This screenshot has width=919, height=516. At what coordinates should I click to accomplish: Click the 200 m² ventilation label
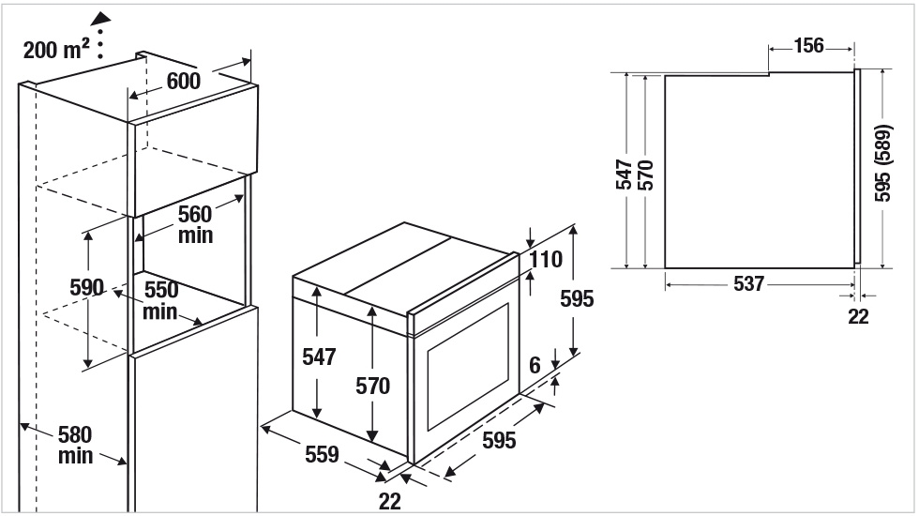(56, 49)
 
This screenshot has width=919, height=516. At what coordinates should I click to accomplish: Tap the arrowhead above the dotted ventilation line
(100, 19)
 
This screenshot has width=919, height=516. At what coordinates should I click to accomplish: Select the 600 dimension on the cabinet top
(184, 81)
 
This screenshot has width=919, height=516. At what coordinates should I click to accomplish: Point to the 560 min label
(195, 224)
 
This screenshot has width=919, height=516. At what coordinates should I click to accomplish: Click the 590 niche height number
(86, 287)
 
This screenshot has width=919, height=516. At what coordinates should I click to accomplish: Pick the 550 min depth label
(160, 300)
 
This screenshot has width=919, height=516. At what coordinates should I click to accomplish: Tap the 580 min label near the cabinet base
(75, 445)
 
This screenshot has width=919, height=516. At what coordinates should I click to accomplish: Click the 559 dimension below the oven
(322, 454)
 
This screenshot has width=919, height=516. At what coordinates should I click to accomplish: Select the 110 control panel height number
(546, 259)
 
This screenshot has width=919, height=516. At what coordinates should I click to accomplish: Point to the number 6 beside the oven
(535, 365)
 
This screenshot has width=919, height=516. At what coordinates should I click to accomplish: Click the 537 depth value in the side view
(748, 283)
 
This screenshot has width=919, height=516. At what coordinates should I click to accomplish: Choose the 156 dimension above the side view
(808, 46)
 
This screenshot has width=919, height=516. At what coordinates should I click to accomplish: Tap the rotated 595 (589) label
(882, 163)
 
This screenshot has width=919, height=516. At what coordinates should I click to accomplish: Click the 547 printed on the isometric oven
(319, 357)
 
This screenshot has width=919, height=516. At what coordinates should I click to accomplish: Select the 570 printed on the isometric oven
(373, 386)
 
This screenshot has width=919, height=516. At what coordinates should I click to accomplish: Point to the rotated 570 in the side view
(645, 175)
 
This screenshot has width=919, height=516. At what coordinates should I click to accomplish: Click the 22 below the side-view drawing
(858, 317)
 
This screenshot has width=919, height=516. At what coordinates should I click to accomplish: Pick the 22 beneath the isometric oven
(390, 501)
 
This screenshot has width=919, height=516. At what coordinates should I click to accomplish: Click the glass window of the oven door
(468, 367)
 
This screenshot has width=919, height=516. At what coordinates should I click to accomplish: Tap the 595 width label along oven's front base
(499, 440)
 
